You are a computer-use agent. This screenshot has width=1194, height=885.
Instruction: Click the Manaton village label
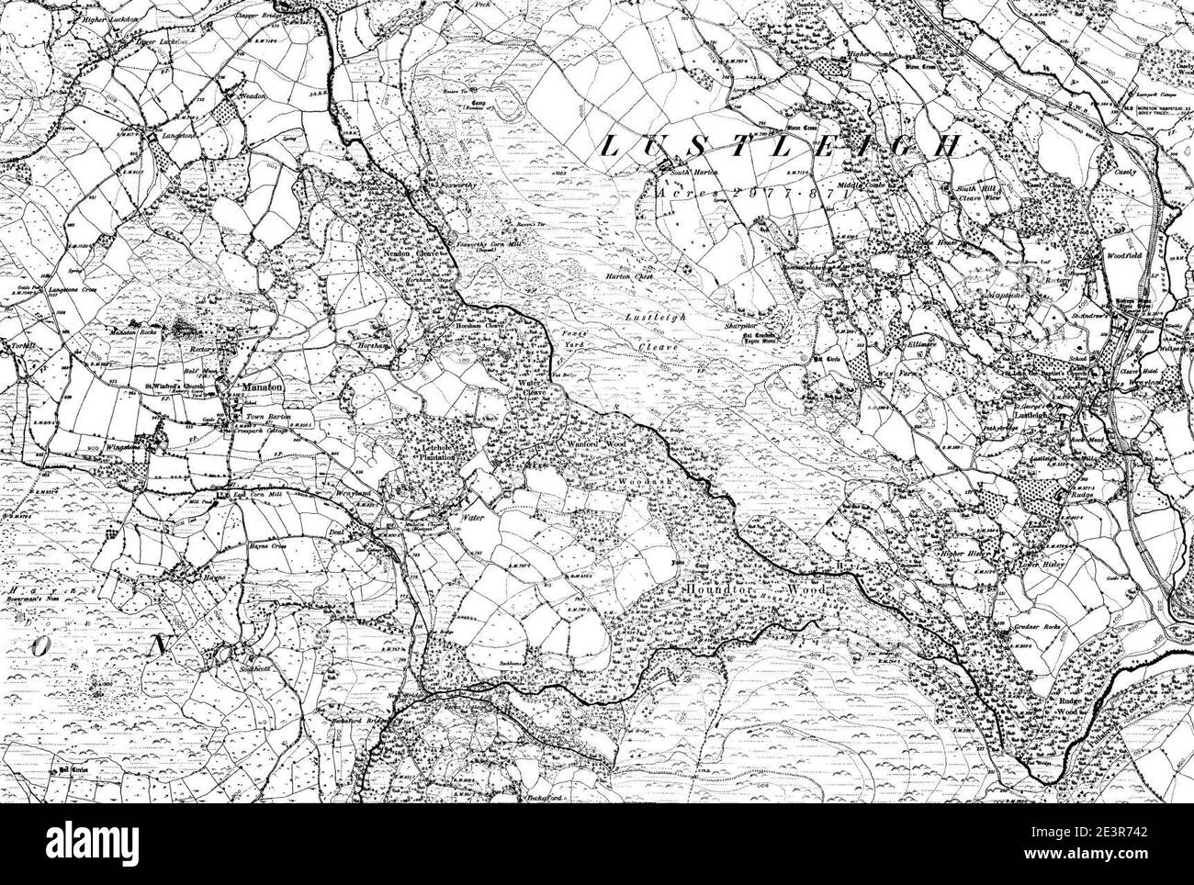tap(253, 387)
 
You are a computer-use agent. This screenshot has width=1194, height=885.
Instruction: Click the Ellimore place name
tap(916, 346)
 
